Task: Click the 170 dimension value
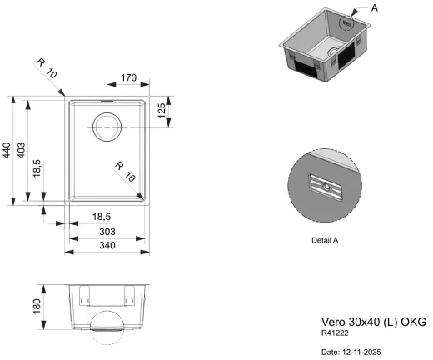tap(127, 78)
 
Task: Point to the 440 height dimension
tap(7, 151)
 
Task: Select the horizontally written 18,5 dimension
tap(104, 216)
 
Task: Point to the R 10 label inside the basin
tap(125, 170)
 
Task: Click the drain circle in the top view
tap(107, 127)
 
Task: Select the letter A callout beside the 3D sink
tap(374, 7)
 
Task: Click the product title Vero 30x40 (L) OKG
tap(373, 321)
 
